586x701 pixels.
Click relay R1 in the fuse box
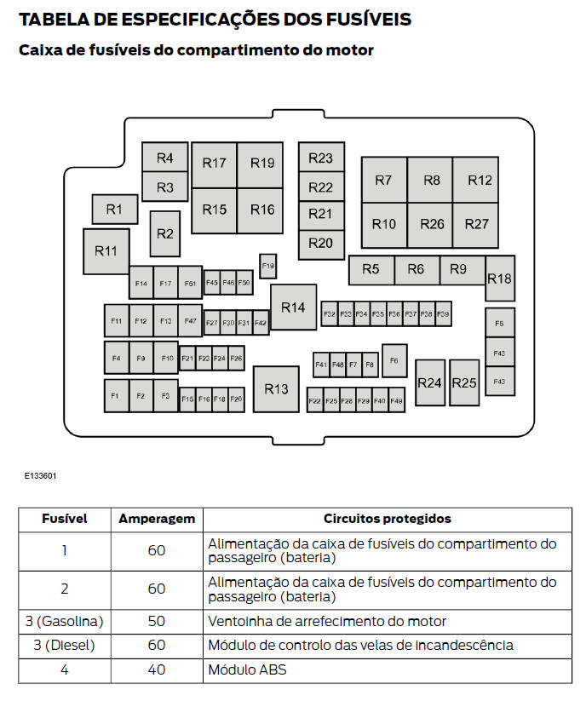tap(115, 209)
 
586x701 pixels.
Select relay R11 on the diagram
tap(106, 250)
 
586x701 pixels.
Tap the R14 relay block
tap(293, 307)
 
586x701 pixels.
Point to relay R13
tap(276, 389)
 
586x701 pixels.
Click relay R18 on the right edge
tap(500, 279)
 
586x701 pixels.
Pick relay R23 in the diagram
tap(320, 158)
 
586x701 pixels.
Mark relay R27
tap(476, 224)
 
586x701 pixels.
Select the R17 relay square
tap(215, 164)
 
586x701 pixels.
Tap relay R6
tap(417, 269)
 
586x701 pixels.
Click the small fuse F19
tap(268, 267)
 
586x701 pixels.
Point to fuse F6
tap(394, 360)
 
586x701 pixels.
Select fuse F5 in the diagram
tap(500, 323)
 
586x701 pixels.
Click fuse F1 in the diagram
tap(116, 396)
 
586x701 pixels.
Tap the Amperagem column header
tap(157, 519)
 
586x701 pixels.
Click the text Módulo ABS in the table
tap(248, 669)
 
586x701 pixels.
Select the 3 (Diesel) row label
tap(64, 646)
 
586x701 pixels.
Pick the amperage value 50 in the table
tap(157, 622)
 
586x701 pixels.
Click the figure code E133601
tap(40, 476)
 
